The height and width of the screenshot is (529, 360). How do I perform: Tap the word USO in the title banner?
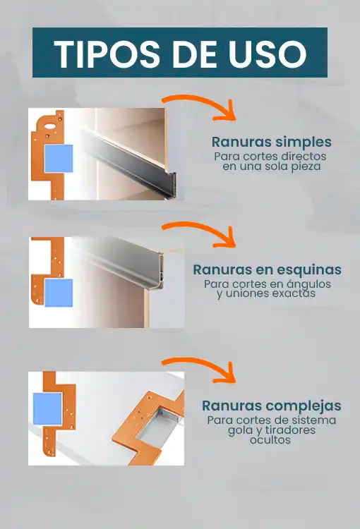268,54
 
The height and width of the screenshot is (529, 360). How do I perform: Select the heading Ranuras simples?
272,142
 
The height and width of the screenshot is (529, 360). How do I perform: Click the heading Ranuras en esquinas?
267,269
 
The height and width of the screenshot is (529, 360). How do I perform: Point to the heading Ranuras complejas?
272,406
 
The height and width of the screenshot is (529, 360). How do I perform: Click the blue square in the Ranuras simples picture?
59,159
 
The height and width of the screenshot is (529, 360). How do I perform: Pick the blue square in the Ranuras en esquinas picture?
59,293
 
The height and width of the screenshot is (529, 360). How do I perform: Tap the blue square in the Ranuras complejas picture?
47,408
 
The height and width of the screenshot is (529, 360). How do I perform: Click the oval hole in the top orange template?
49,126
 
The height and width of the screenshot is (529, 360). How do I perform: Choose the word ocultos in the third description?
270,440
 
